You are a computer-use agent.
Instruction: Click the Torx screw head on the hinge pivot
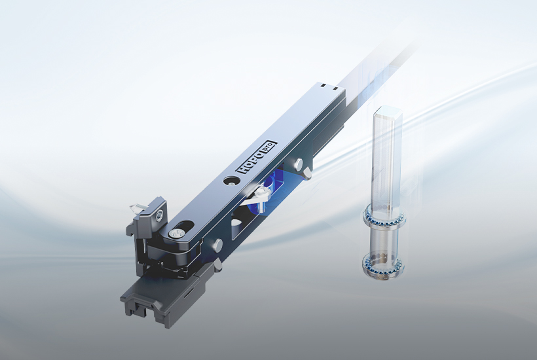tap(179, 232)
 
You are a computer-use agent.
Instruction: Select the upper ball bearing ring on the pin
tap(384, 217)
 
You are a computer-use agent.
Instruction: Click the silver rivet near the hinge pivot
tap(217, 244)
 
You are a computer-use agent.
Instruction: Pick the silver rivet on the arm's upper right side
tap(299, 163)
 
